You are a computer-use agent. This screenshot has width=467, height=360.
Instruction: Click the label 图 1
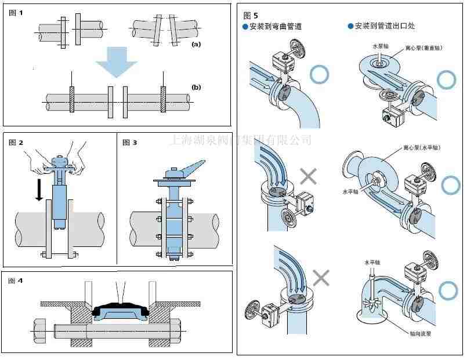pyautogui.click(x=16, y=12)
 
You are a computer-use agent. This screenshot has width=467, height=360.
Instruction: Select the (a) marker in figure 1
pyautogui.click(x=196, y=43)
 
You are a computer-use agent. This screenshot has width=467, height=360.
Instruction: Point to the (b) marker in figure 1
pyautogui.click(x=196, y=88)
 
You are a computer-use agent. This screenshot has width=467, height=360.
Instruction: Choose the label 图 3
pyautogui.click(x=129, y=143)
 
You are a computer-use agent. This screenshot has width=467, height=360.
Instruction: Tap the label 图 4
pyautogui.click(x=16, y=281)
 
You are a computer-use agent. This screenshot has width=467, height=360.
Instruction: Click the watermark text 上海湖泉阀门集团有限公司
pyautogui.click(x=241, y=140)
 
